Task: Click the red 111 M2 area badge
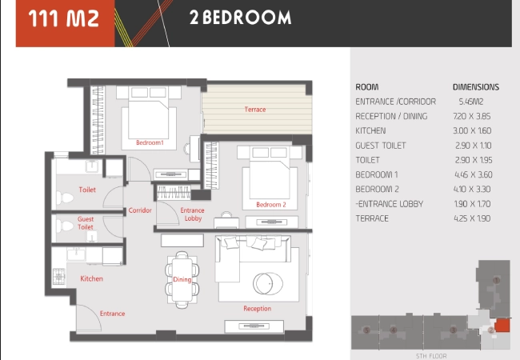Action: click(x=65, y=23)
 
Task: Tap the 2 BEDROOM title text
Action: click(x=241, y=18)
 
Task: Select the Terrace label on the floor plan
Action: click(x=255, y=110)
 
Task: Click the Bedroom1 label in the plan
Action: click(x=150, y=142)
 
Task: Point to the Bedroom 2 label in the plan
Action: click(x=271, y=205)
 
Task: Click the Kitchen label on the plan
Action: click(x=91, y=278)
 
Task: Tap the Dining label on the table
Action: click(x=182, y=279)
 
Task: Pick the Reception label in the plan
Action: click(x=258, y=309)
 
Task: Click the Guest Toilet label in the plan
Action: click(x=86, y=223)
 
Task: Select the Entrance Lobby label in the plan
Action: click(x=192, y=214)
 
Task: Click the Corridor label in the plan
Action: click(x=140, y=210)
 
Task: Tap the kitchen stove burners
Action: click(x=59, y=277)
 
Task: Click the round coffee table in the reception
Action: click(x=268, y=284)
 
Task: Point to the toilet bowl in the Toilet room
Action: click(x=65, y=198)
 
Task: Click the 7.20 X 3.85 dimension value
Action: click(x=471, y=116)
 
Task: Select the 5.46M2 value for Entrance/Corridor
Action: click(x=471, y=102)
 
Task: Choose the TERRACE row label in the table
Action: click(x=372, y=218)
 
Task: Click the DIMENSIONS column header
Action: click(x=476, y=87)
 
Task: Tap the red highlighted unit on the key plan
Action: click(x=502, y=326)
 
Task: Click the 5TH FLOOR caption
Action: click(x=431, y=356)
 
